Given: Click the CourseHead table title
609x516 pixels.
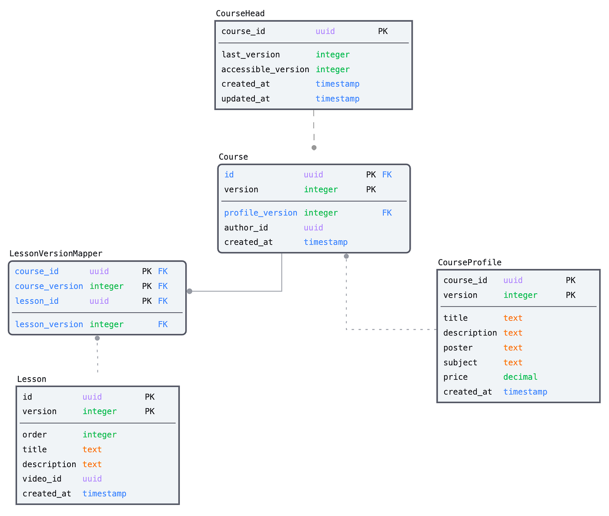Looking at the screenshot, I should [240, 13].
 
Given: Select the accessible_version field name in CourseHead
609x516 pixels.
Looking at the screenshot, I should [265, 70].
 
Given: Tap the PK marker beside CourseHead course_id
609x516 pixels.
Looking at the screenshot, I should [382, 31].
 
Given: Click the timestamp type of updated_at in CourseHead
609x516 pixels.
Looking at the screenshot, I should [337, 99].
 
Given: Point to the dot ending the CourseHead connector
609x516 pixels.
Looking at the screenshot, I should [314, 148].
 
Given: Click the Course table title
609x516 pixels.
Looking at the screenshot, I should [233, 157].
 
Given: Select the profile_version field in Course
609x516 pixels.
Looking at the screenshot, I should [261, 213].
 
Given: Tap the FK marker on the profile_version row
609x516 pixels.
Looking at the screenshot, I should [387, 213].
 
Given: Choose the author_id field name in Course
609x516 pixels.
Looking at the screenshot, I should [246, 228].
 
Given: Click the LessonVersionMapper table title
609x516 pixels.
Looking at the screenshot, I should [56, 254].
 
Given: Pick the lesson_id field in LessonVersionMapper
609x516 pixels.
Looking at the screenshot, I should [37, 301].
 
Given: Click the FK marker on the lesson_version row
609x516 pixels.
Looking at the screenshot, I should [163, 325].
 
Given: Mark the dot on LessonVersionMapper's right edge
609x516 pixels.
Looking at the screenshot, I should [190, 292].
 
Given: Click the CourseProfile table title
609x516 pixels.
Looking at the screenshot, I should [469, 263].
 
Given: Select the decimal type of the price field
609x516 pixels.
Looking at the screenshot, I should [520, 377].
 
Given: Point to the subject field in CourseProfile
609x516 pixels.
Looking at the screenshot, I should [460, 363].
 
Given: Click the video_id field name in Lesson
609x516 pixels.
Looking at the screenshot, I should [42, 479].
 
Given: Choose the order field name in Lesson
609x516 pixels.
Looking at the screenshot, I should [34, 435].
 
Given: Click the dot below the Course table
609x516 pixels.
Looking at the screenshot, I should [346, 256].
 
